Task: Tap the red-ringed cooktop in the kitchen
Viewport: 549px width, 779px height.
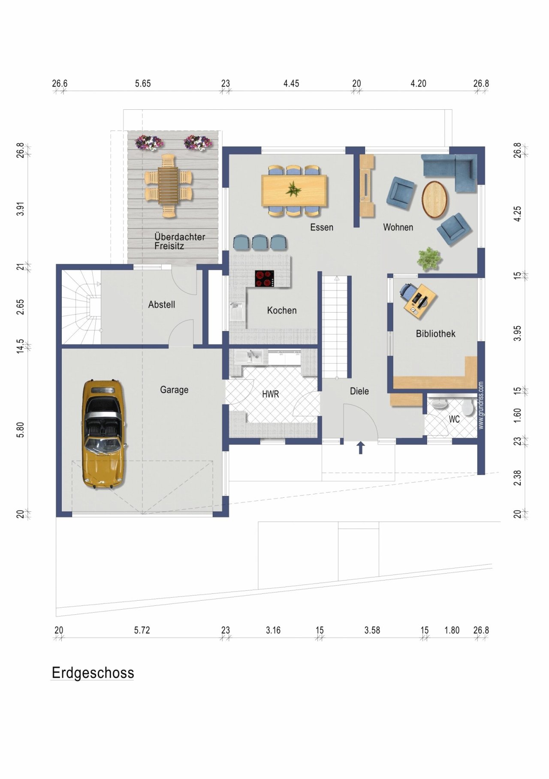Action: (265, 279)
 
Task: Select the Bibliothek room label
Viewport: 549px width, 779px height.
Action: (435, 334)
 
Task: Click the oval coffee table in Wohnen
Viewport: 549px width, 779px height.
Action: (434, 200)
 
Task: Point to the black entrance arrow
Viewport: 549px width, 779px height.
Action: (361, 448)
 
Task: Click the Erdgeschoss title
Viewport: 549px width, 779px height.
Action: (93, 673)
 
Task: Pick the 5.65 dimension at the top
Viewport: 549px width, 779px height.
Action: (143, 84)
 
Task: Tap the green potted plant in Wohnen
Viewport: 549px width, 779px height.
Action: (429, 259)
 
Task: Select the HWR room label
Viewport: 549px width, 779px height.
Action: (270, 394)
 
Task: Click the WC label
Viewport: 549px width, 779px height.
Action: (454, 419)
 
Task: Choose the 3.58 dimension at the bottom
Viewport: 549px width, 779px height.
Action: (372, 630)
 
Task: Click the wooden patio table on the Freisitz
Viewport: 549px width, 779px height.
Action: (168, 186)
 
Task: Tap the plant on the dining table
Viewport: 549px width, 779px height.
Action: (294, 189)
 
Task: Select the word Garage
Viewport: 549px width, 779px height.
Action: (174, 390)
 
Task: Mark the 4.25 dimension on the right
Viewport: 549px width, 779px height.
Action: (518, 214)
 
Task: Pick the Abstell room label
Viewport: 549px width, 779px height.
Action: (162, 304)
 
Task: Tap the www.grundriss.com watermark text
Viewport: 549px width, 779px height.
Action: (481, 405)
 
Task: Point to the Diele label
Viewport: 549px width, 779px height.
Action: (359, 391)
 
